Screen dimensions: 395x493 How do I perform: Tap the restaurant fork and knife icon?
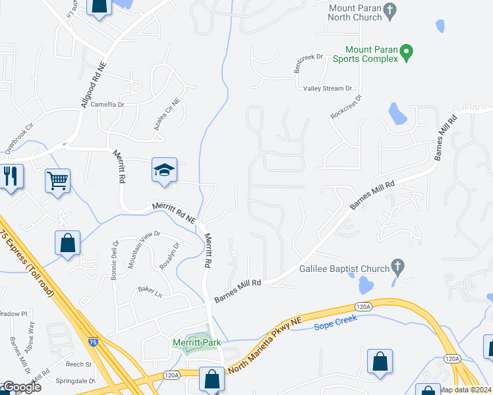(11, 176)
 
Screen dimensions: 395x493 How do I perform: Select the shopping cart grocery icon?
(57, 179)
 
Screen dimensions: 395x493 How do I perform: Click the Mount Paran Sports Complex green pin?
(407, 51)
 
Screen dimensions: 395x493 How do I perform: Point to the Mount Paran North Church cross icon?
(390, 9)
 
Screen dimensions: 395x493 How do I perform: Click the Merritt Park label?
(196, 342)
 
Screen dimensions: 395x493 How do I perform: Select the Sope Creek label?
(335, 319)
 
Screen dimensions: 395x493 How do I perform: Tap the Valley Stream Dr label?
(328, 88)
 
